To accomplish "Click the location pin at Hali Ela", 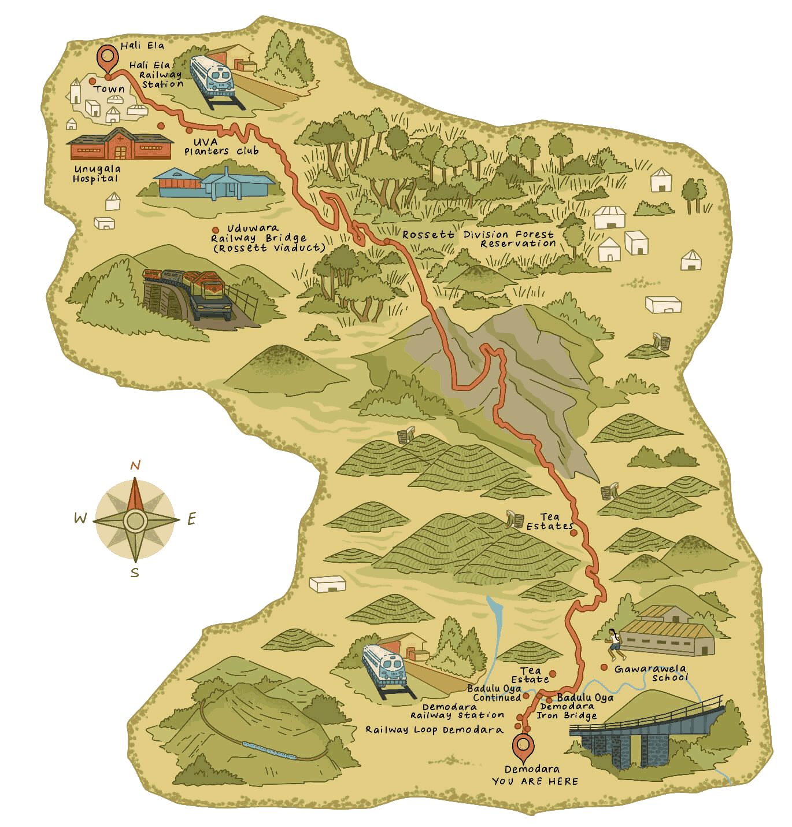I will [107, 57].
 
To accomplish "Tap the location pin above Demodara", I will [524, 747].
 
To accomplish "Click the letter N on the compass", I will [135, 466].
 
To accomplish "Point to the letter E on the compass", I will [192, 519].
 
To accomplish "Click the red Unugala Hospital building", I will [120, 145].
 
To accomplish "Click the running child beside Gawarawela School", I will [615, 644].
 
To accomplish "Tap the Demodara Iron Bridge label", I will [567, 711].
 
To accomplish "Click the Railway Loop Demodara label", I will [434, 730].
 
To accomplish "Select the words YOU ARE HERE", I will [535, 781].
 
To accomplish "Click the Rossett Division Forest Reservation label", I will [479, 239].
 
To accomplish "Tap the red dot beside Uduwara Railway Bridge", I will [216, 230].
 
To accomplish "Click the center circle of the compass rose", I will [135, 521].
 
